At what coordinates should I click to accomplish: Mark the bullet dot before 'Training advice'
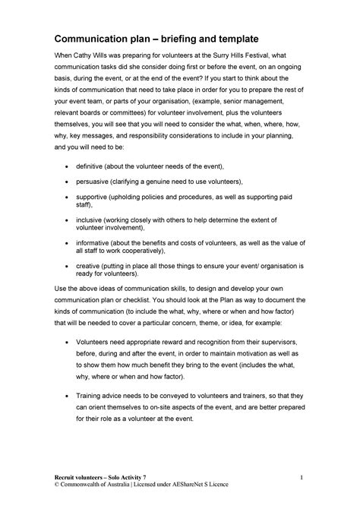[x=71, y=396]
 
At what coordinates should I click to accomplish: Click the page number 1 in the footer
[x=302, y=476]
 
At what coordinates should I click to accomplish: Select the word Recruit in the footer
[x=67, y=476]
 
